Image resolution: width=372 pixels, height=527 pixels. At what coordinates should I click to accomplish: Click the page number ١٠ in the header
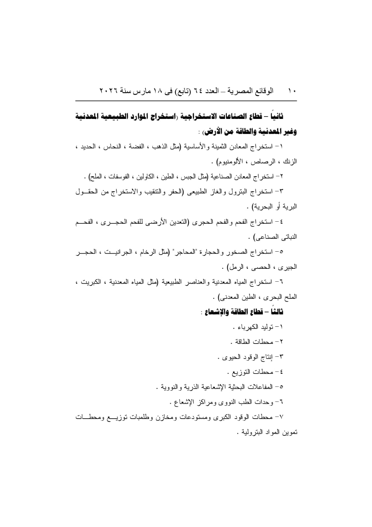(292, 91)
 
